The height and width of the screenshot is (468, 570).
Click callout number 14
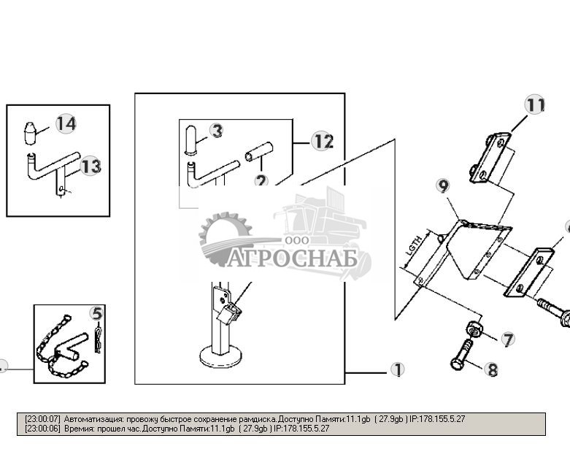(x=66, y=123)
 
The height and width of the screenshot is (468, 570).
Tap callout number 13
(x=90, y=166)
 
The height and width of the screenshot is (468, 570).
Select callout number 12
(x=323, y=141)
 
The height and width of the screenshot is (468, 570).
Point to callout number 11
(x=535, y=105)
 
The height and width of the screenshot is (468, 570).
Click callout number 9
(x=443, y=185)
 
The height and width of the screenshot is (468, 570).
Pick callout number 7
(x=507, y=339)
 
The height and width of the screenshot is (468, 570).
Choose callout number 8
(x=492, y=370)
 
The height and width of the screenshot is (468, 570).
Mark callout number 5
(x=97, y=315)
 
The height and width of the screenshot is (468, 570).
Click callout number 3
(x=217, y=131)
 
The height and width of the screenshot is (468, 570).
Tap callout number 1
(x=397, y=370)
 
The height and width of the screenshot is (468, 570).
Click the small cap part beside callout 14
(x=31, y=134)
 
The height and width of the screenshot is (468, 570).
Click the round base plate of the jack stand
(x=220, y=358)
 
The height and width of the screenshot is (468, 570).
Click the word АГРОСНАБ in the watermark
(x=292, y=259)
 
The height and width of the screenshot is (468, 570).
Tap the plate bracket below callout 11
(x=490, y=157)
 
